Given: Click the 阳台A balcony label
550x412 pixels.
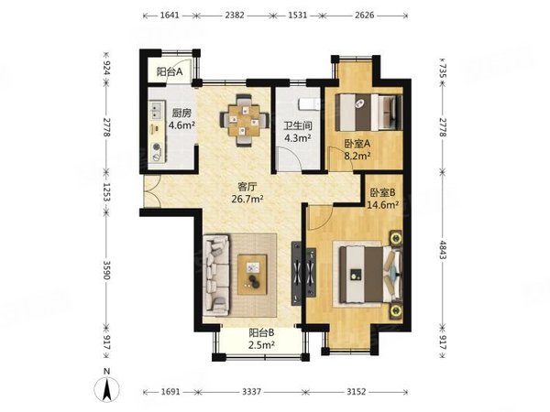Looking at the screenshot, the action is [170, 72].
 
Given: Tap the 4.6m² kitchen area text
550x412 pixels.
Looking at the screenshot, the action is [181, 125].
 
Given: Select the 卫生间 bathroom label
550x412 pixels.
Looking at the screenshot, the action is [298, 125].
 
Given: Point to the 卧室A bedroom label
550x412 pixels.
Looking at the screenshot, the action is [357, 144].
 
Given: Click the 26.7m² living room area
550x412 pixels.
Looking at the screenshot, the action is [247, 199].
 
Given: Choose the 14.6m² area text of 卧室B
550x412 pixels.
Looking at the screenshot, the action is [382, 204].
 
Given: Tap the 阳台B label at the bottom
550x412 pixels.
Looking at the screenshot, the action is [261, 332].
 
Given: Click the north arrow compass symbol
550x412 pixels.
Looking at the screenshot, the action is [107, 385].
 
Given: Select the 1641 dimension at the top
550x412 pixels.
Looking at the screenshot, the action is [170, 16].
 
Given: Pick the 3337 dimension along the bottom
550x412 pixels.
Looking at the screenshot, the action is [251, 391].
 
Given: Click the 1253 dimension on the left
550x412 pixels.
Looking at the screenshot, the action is [106, 192].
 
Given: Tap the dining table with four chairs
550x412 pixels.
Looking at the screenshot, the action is [245, 120].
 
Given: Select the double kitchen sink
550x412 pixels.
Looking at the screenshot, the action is [157, 110].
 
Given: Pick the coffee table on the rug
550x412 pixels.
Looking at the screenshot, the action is [253, 275].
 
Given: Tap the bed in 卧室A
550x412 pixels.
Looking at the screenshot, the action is [369, 112].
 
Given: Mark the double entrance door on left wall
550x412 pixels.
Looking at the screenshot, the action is [152, 191].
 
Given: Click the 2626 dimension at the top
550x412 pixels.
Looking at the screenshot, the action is [365, 16].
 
